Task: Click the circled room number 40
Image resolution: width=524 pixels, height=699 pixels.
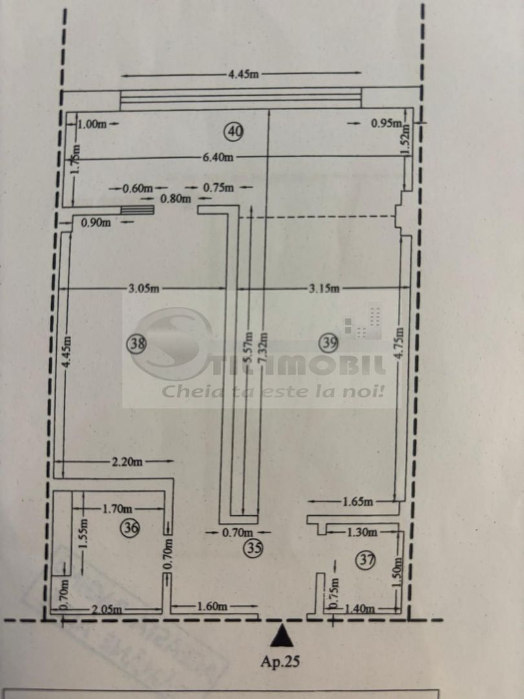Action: pyautogui.click(x=234, y=131)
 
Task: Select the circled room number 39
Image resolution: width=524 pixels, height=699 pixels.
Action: pyautogui.click(x=329, y=343)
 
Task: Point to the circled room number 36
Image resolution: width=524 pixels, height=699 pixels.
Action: pyautogui.click(x=130, y=528)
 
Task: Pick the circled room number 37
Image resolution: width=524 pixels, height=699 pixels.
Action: pyautogui.click(x=366, y=560)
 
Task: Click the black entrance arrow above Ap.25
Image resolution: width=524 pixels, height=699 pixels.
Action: pyautogui.click(x=281, y=636)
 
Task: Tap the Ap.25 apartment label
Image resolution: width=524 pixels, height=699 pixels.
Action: pyautogui.click(x=281, y=661)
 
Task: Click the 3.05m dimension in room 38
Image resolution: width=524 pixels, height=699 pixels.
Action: pyautogui.click(x=142, y=289)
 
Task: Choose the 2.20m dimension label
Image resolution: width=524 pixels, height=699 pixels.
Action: pyautogui.click(x=126, y=461)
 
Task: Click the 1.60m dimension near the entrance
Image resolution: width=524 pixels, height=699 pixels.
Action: pyautogui.click(x=212, y=606)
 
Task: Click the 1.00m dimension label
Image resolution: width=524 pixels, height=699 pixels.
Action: pyautogui.click(x=92, y=124)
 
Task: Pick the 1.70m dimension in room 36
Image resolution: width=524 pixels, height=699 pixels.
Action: pyautogui.click(x=116, y=508)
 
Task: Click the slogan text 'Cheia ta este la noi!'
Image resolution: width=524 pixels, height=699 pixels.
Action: pyautogui.click(x=274, y=392)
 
